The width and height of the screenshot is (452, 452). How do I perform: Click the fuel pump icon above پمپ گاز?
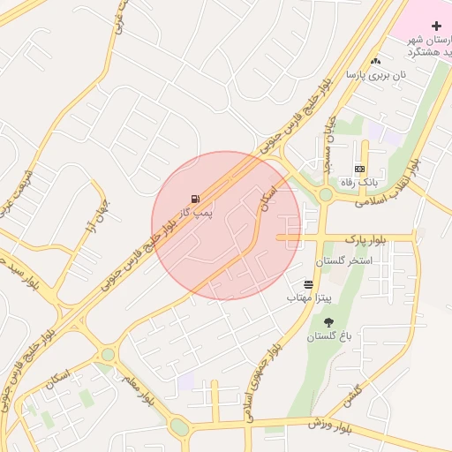click(194, 199)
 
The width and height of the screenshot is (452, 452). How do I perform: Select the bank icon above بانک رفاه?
click(359, 168)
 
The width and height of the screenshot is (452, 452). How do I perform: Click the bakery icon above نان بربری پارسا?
click(377, 61)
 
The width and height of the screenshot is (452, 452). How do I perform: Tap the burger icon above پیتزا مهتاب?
click(308, 284)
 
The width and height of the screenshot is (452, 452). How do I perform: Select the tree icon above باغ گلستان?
click(329, 323)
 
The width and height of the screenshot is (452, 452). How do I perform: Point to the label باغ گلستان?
click(329, 337)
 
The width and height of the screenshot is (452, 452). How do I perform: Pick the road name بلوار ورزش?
click(330, 425)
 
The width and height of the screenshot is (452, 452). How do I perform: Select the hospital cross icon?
click(436, 26)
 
